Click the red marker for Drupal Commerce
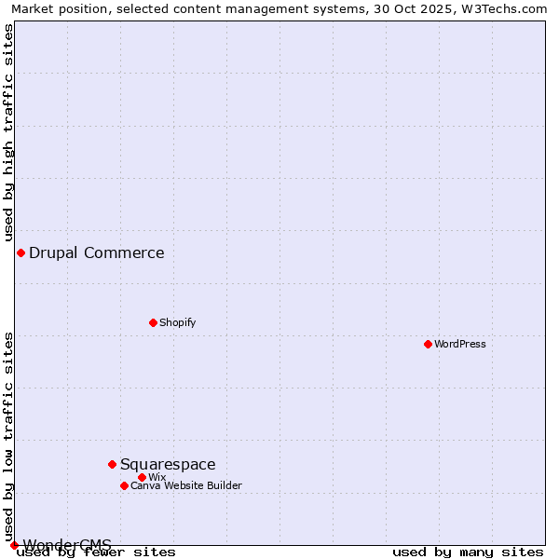20,252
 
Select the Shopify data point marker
153,322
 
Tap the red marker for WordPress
428,344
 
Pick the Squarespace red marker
112,464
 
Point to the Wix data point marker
142,477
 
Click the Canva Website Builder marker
124,485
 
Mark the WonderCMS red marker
14,545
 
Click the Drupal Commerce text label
97,252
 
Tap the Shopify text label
177,322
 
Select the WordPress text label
460,344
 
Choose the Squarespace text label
168,464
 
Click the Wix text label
157,477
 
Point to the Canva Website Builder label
186,485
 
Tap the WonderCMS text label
67,544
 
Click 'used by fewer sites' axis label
96,552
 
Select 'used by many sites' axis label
468,552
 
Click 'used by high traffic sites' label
8,132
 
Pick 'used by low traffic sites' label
8,436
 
